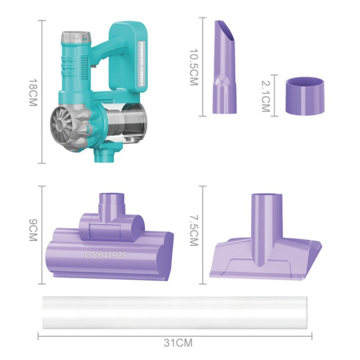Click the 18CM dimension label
click(33, 93)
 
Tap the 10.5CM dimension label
click(194, 67)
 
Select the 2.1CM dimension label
click(266, 96)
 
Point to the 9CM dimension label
click(33, 230)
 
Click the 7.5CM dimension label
click(194, 230)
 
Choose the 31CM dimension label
click(178, 342)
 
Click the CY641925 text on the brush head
click(105, 255)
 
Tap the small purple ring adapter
click(305, 96)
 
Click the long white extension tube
click(175, 313)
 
